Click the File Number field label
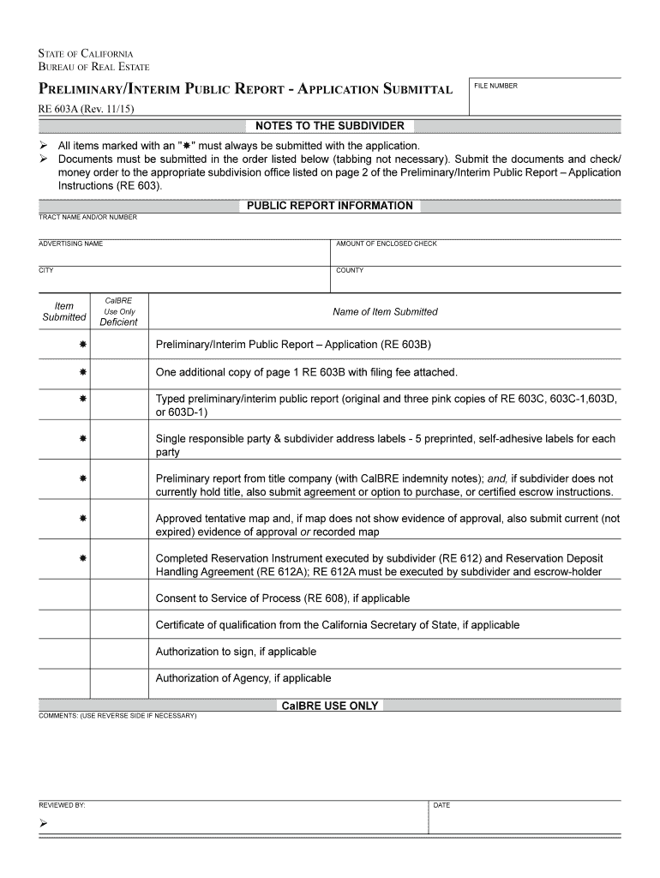coord(497,86)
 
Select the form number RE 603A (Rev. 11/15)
coord(86,110)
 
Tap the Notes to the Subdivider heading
coord(330,126)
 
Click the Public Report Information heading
coord(330,206)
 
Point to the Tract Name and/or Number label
coord(87,218)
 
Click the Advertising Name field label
coord(70,244)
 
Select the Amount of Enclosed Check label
coord(387,244)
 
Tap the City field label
coord(46,271)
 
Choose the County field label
coord(350,271)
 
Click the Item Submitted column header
coord(64,311)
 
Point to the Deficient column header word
coord(118,322)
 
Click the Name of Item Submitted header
coord(385,312)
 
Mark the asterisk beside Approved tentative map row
coord(83,519)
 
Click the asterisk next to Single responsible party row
coord(83,438)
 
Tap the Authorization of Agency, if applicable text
coord(243,678)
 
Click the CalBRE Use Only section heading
coord(330,706)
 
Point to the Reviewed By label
coord(62,806)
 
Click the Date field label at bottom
coord(441,806)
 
